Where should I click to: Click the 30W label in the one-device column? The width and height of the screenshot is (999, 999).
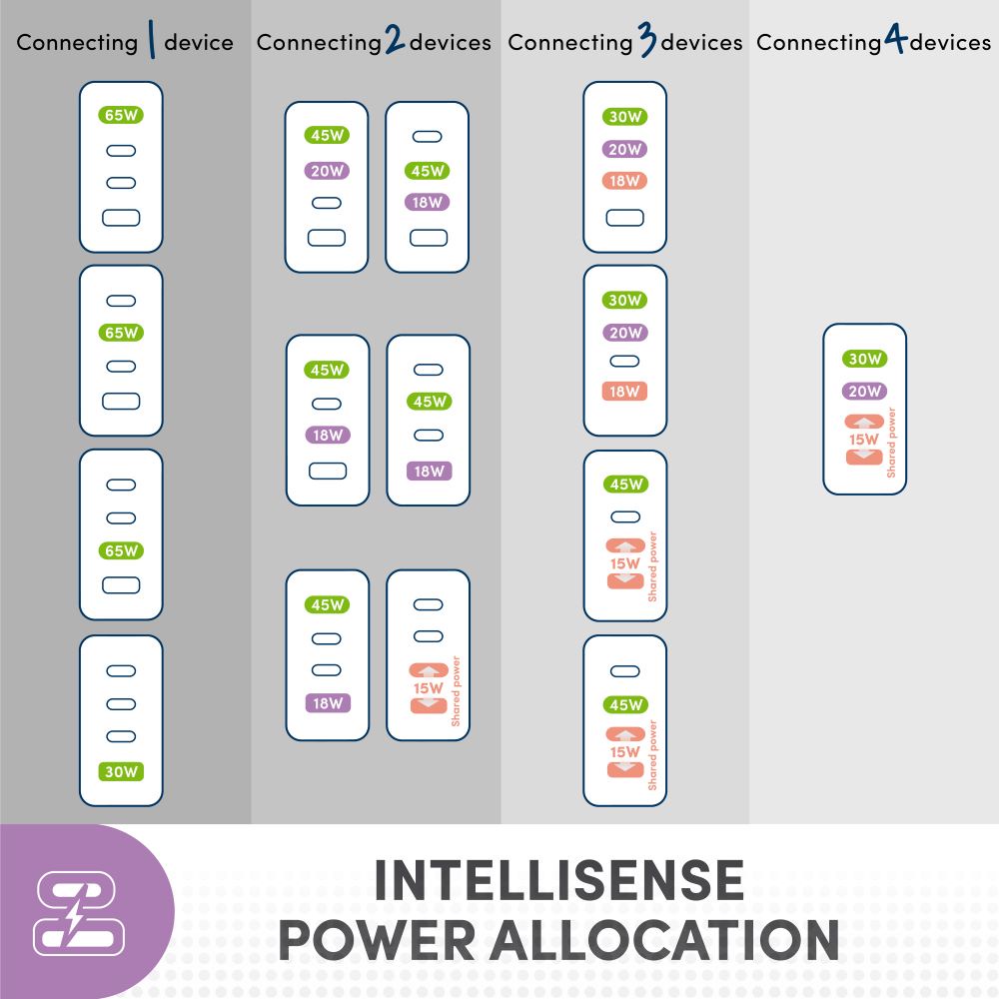(121, 771)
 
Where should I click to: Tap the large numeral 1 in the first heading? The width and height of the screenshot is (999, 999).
(152, 40)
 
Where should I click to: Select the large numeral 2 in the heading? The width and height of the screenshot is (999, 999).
(395, 38)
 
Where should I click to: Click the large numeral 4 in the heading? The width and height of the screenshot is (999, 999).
(895, 38)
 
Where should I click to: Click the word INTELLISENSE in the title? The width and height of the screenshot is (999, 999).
(558, 880)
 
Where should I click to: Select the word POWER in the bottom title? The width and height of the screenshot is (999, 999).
(378, 940)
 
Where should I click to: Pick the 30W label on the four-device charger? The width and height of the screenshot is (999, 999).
(864, 359)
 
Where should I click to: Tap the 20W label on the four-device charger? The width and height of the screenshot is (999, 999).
(864, 391)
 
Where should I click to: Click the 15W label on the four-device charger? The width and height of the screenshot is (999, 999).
(863, 439)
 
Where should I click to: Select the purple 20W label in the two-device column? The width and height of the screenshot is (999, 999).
(327, 171)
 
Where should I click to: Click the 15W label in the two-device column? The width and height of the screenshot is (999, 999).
(428, 688)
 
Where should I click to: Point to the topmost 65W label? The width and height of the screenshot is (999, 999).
(121, 115)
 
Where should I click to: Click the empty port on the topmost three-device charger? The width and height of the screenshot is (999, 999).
(625, 218)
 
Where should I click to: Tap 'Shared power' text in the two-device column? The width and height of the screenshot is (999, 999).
(456, 691)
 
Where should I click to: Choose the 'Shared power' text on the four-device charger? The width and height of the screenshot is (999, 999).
(891, 443)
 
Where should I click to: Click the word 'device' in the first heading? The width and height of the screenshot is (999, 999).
(199, 42)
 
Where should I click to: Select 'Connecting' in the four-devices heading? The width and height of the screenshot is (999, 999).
(819, 43)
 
